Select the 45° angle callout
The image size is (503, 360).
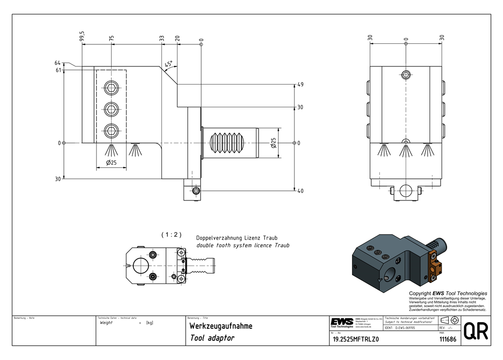(x=169, y=64)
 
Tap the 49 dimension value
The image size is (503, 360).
(x=300, y=85)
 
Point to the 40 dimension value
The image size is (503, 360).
(x=300, y=191)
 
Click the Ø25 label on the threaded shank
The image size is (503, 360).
(x=274, y=143)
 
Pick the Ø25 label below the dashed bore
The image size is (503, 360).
(x=111, y=163)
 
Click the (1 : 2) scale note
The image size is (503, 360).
(x=171, y=235)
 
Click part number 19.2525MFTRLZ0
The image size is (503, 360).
(x=356, y=339)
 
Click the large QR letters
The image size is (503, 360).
(x=474, y=331)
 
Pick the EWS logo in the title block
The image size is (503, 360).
(x=342, y=322)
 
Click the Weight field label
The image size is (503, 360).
(x=107, y=323)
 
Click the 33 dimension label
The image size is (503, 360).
(x=161, y=38)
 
